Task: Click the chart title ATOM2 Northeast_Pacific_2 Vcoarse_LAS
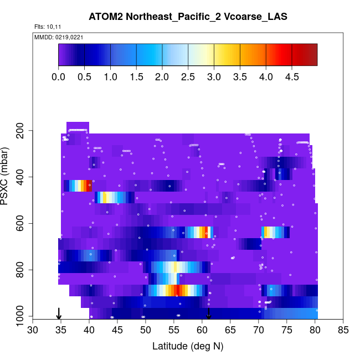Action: (188, 17)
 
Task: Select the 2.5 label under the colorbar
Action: (188, 76)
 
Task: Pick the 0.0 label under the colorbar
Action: (59, 76)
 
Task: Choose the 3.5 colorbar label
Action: (240, 76)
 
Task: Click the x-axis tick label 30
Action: (33, 331)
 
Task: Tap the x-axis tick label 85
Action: (343, 331)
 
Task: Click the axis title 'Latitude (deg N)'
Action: (188, 346)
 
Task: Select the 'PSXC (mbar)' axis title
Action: (8, 177)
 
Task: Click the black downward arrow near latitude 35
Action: (59, 313)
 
